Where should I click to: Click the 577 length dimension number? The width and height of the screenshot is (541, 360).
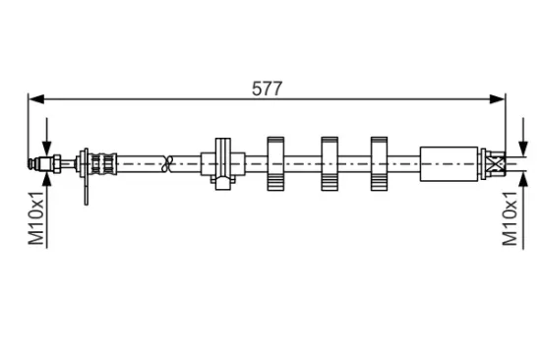[267, 89]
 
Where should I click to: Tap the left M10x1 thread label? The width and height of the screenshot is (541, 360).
[36, 217]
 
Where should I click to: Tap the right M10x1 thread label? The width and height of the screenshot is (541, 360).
[511, 218]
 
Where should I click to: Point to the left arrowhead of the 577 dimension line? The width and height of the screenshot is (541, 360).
[36, 99]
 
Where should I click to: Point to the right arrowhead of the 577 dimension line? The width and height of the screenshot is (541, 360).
[497, 99]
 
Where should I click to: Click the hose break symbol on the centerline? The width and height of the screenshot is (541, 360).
[167, 163]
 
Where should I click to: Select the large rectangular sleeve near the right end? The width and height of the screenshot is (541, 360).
[449, 164]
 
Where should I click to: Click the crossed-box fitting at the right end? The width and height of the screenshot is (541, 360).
[496, 163]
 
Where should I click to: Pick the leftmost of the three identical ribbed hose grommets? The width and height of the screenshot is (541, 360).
[275, 163]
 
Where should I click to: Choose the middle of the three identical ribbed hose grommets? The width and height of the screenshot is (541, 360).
[330, 163]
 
